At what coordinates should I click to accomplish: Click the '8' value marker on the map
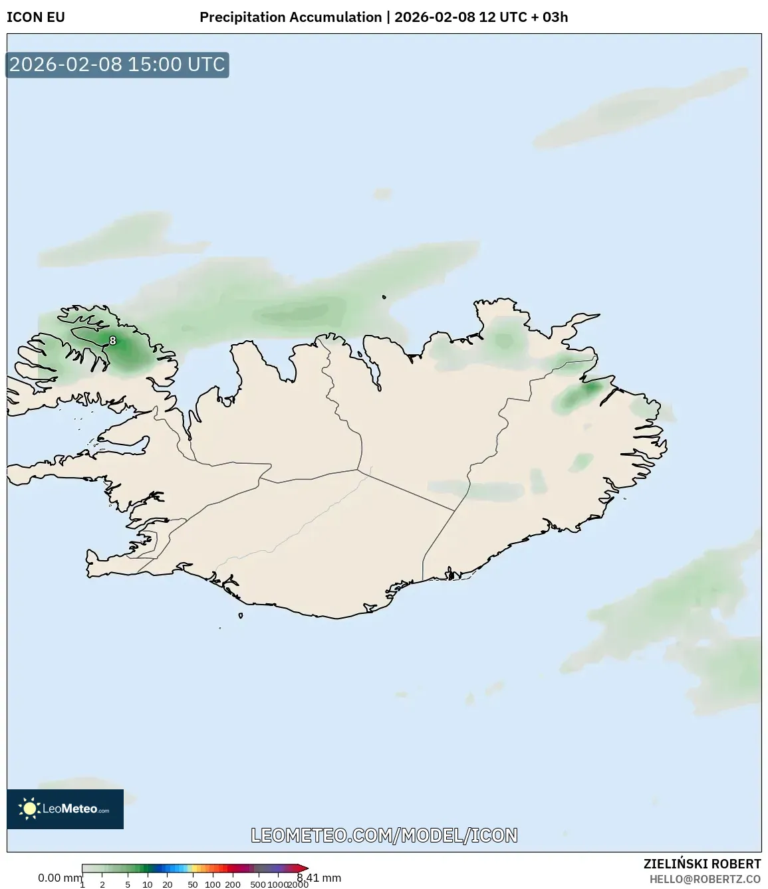(x=112, y=341)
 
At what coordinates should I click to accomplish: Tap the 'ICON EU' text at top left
(x=36, y=17)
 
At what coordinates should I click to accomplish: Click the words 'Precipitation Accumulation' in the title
(x=291, y=17)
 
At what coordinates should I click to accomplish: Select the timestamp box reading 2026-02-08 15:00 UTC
(x=117, y=65)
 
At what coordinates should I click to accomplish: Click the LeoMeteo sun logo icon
(x=29, y=809)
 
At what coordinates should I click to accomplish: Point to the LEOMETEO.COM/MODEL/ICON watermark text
(x=384, y=836)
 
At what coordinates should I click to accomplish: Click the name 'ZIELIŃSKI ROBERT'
(x=702, y=864)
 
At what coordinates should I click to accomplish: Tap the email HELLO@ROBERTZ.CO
(x=705, y=879)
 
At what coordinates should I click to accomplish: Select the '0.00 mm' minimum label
(x=59, y=878)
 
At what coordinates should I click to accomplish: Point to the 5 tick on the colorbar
(x=128, y=884)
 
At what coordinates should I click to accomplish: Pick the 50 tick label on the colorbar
(x=192, y=884)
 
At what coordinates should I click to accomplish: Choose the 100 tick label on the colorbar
(x=212, y=884)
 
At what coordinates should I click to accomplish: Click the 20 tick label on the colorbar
(x=167, y=884)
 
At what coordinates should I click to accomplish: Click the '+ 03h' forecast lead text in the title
(x=550, y=17)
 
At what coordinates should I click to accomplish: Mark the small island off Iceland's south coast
(x=241, y=615)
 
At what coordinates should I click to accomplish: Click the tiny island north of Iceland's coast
(x=384, y=298)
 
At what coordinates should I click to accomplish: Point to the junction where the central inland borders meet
(x=358, y=470)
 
